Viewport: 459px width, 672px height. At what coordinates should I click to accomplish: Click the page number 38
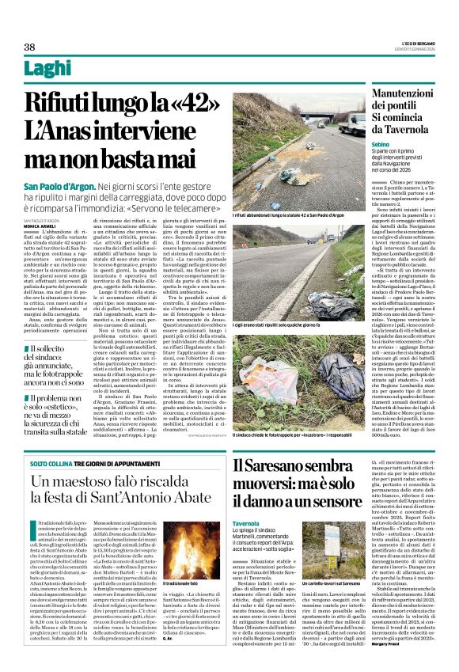[x=29, y=47]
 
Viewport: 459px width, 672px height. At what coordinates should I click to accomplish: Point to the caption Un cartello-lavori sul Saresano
[x=345, y=606]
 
